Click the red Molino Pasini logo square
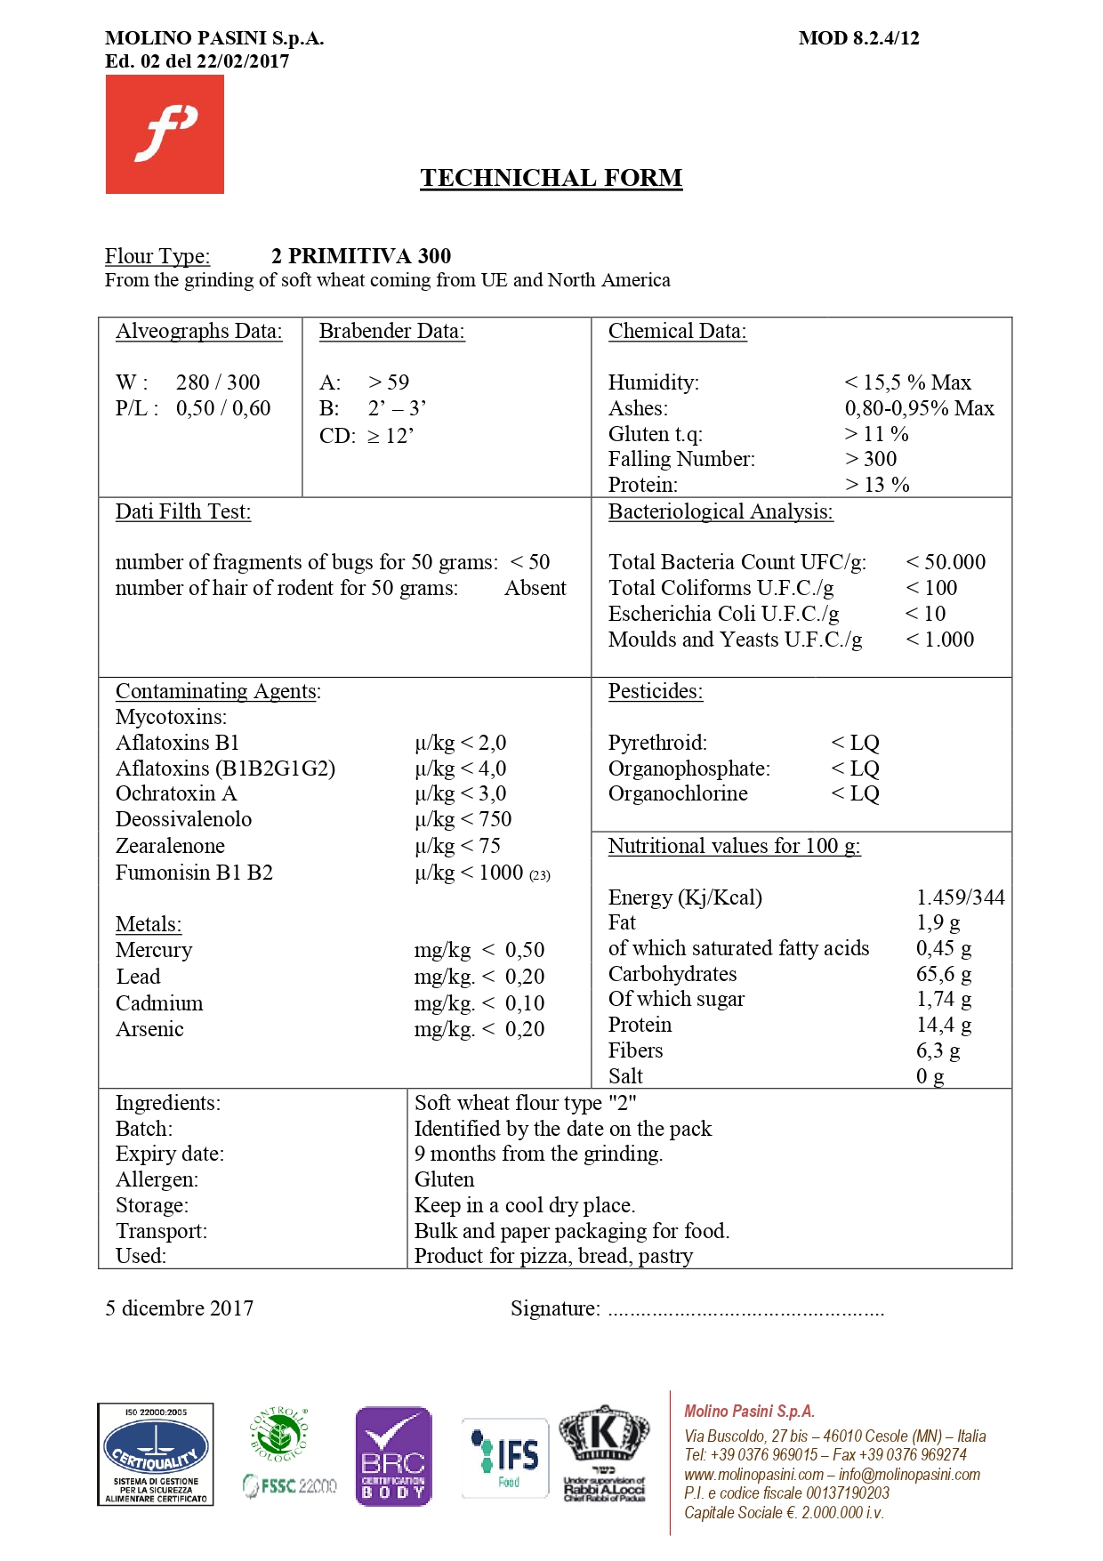[165, 134]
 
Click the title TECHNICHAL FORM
[551, 178]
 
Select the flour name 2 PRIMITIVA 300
[361, 256]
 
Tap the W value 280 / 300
[218, 382]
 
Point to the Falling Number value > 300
[871, 459]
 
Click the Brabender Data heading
[391, 331]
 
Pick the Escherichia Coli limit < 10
[925, 614]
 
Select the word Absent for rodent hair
[535, 588]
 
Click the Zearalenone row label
[170, 846]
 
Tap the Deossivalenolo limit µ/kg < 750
[463, 819]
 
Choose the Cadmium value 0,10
[525, 1003]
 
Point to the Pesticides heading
[656, 691]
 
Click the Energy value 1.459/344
[960, 897]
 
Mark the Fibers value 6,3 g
[938, 1050]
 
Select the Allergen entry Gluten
[444, 1179]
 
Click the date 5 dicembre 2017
[179, 1308]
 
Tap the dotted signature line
[745, 1311]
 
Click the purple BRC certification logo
[393, 1456]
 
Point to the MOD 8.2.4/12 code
[858, 38]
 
